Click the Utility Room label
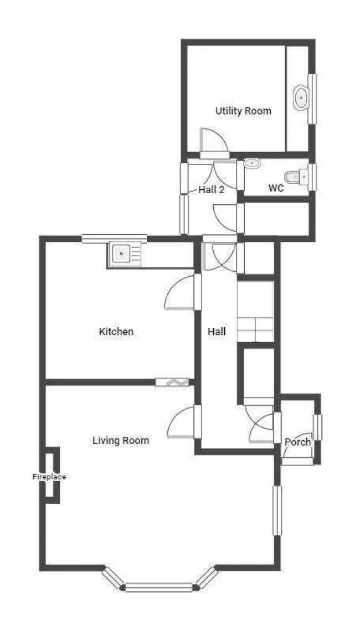[x=243, y=111]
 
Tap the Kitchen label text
[x=116, y=332]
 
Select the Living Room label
[x=121, y=441]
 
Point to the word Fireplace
[x=49, y=476]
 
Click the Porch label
[x=297, y=442]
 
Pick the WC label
[x=276, y=188]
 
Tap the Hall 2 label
[x=211, y=189]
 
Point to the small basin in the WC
[x=252, y=163]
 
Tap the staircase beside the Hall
[x=256, y=312]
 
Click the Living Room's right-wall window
[x=277, y=510]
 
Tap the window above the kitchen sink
[x=115, y=239]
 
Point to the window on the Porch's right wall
[x=317, y=427]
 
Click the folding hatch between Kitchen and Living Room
[x=172, y=382]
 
